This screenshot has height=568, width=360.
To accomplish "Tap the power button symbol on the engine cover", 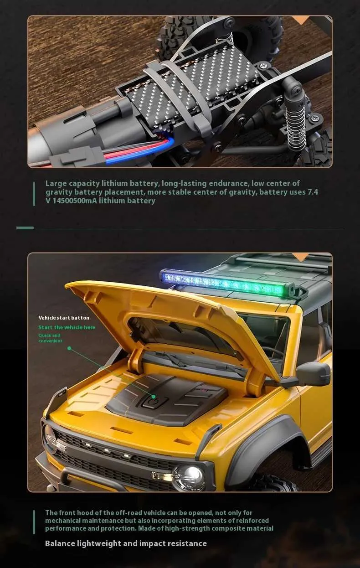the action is pyautogui.click(x=152, y=402).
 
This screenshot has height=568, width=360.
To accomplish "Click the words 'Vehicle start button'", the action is pyautogui.click(x=64, y=318).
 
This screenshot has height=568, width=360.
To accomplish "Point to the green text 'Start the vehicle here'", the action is pyautogui.click(x=67, y=327).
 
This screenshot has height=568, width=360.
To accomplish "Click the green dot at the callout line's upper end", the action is pyautogui.click(x=69, y=348).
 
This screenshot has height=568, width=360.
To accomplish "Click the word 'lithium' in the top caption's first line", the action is pyautogui.click(x=114, y=183).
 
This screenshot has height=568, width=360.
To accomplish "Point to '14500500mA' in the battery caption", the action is pyautogui.click(x=75, y=201).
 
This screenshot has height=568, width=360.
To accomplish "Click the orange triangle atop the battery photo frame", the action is pyautogui.click(x=301, y=20).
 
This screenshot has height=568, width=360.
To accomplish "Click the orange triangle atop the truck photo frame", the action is pyautogui.click(x=301, y=257).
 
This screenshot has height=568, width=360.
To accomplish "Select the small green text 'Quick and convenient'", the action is pyautogui.click(x=50, y=338).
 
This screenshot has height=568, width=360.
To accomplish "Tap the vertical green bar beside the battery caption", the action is pyautogui.click(x=34, y=194).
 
